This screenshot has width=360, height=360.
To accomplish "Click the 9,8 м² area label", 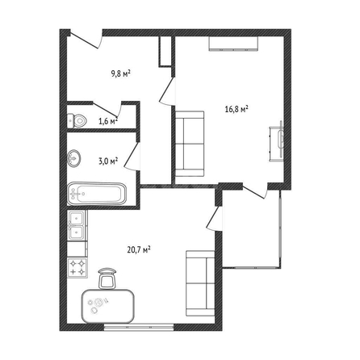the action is click(121, 73).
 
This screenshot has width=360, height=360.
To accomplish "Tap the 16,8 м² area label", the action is click(237, 110).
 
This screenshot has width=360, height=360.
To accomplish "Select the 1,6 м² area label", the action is click(108, 121).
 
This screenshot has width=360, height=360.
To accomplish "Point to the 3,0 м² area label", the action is click(108, 161).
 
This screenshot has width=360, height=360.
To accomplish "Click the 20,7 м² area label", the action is click(139, 250).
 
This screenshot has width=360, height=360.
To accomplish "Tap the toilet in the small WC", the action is click(77, 120).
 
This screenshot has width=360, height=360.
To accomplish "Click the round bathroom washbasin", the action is click(74, 158).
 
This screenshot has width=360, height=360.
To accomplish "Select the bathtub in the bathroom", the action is click(97, 194).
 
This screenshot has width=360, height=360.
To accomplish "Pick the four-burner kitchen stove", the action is click(77, 268).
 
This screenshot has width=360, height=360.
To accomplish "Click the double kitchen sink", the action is click(77, 225).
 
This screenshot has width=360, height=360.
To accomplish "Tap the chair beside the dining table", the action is click(107, 278).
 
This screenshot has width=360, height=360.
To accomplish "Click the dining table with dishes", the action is click(108, 306).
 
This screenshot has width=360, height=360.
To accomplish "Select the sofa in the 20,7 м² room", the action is click(200, 283).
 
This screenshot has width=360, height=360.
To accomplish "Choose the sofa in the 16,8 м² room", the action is click(190, 144).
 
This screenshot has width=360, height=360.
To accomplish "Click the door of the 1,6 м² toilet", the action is click(107, 109).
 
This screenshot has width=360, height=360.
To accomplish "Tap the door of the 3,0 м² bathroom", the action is click(132, 156).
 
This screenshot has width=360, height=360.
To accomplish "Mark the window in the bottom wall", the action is click(139, 328).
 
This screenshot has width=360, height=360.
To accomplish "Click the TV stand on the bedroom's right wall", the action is click(277, 142).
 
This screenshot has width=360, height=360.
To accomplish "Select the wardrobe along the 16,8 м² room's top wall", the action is click(233, 43).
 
